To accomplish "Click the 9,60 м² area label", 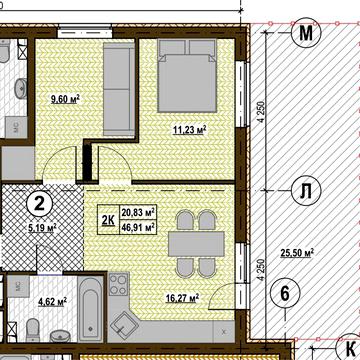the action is coord(65,99).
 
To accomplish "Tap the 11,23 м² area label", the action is coord(189,129).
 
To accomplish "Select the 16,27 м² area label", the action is coord(182,297).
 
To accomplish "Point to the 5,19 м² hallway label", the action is coord(42,228).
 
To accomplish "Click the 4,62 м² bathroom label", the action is coord(53,302).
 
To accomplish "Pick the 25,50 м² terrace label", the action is coord(297,253).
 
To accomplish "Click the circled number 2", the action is coord(40,204).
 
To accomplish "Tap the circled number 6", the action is coord(285,294).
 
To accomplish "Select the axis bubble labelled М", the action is coord(306,33).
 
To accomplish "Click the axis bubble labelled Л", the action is coord(306,191).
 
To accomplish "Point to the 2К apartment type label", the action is coord(108,220).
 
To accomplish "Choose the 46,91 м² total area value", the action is coord(139,227).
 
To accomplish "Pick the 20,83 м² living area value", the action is coord(139,212).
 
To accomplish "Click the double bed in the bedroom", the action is coord(187,76).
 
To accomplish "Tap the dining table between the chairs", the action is coord(196,244).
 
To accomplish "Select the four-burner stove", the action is coord(118,284).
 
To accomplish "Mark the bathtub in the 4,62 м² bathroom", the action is coord(91,309).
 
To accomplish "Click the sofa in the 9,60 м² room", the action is coord(119,89).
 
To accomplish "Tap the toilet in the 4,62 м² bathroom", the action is coord(32,330).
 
